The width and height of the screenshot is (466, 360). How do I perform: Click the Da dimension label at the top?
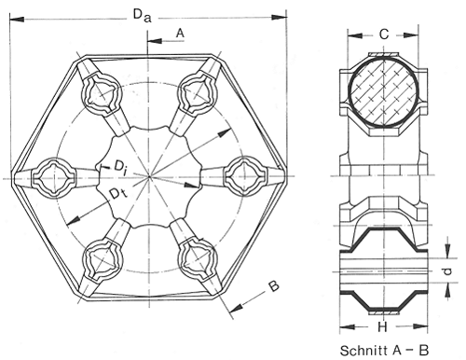143,16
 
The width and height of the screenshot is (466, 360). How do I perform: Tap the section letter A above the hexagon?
180,33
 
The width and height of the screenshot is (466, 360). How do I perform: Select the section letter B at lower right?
274,286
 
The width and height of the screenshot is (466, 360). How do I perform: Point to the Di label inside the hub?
120,167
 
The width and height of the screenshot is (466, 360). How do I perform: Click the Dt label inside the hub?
118,194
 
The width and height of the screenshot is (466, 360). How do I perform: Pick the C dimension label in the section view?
384,34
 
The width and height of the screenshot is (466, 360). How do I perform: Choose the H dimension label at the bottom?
383,326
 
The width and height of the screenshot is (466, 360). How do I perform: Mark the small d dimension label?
446,271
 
